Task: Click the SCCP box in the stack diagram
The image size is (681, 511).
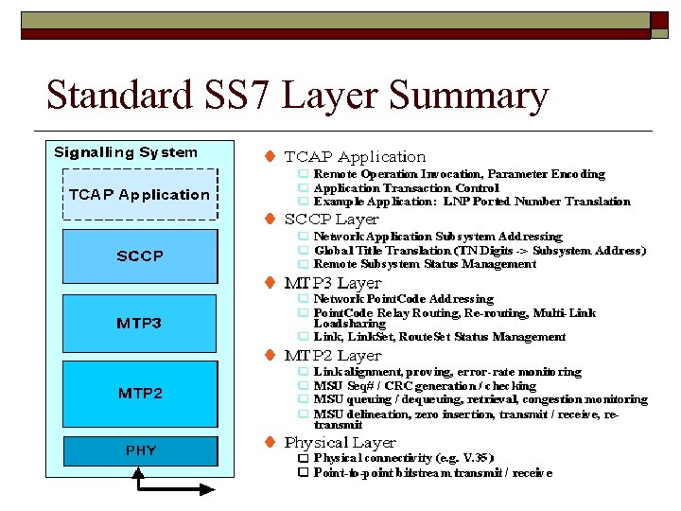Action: (x=140, y=255)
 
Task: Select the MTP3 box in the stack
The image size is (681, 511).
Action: (x=140, y=323)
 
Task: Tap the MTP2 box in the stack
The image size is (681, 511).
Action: (x=140, y=393)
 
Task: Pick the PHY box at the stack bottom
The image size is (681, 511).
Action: (x=140, y=450)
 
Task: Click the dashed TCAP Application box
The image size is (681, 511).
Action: (x=140, y=195)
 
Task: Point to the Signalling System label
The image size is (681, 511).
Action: (x=126, y=152)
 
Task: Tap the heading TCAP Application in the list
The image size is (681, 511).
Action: (x=355, y=157)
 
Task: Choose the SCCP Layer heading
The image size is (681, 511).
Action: (x=331, y=220)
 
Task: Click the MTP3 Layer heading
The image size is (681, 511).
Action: (x=333, y=283)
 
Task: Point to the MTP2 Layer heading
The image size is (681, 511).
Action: (x=333, y=356)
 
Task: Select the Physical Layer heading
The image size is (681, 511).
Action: (x=340, y=443)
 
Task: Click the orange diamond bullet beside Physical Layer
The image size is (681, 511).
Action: (x=270, y=442)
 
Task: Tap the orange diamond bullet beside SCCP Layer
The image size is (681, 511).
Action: (x=270, y=219)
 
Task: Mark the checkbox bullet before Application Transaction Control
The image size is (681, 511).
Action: (x=303, y=187)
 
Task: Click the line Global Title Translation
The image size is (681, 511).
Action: (x=480, y=251)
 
